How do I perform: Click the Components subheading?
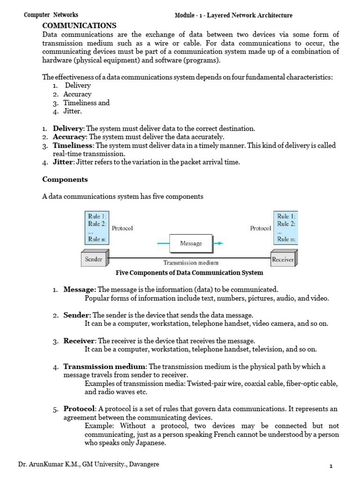coord(65,179)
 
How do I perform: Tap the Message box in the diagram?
coord(191,243)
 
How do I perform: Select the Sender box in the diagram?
coord(94,259)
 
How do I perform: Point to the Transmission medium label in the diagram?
coord(190,263)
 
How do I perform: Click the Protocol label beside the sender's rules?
coord(122,228)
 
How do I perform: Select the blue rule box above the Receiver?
coord(286,228)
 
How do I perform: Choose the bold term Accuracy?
coord(69,137)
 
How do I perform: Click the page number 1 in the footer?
coord(331,466)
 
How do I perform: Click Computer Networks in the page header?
coord(51,15)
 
